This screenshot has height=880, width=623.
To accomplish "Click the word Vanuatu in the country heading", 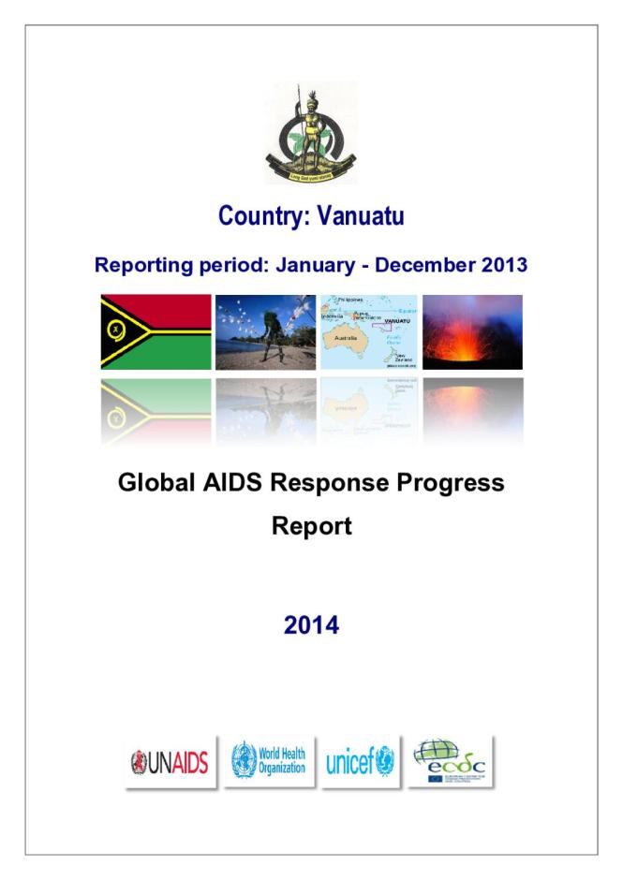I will [360, 217].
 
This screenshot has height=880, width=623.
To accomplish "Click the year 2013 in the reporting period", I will [504, 265].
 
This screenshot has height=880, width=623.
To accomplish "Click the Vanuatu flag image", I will [156, 332].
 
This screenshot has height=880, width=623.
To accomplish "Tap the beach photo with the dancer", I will [265, 332].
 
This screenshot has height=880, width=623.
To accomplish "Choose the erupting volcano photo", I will [472, 332].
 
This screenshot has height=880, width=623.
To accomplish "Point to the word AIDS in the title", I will [239, 484].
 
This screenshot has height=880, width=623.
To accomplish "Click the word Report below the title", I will [311, 526].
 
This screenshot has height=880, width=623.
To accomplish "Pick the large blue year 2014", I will [311, 625].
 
